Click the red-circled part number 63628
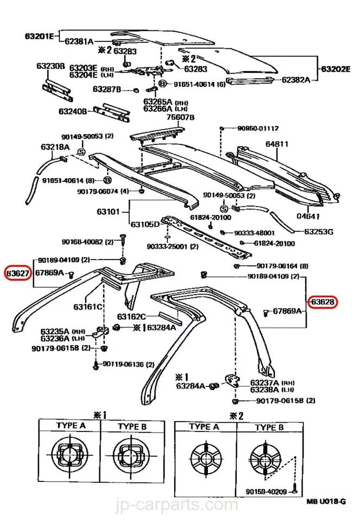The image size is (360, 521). tap(323, 302)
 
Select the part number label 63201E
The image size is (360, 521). tap(39, 37)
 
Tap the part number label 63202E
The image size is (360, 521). tap(336, 69)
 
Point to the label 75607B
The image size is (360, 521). tap(180, 117)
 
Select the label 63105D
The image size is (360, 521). tap(145, 224)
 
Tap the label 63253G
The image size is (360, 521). tap(318, 232)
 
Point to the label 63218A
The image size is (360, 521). tap(54, 147)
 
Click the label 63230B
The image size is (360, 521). tap(50, 66)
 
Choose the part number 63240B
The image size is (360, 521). tap(73, 111)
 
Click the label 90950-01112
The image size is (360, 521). tap(258, 129)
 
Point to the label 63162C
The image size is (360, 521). tap(131, 317)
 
